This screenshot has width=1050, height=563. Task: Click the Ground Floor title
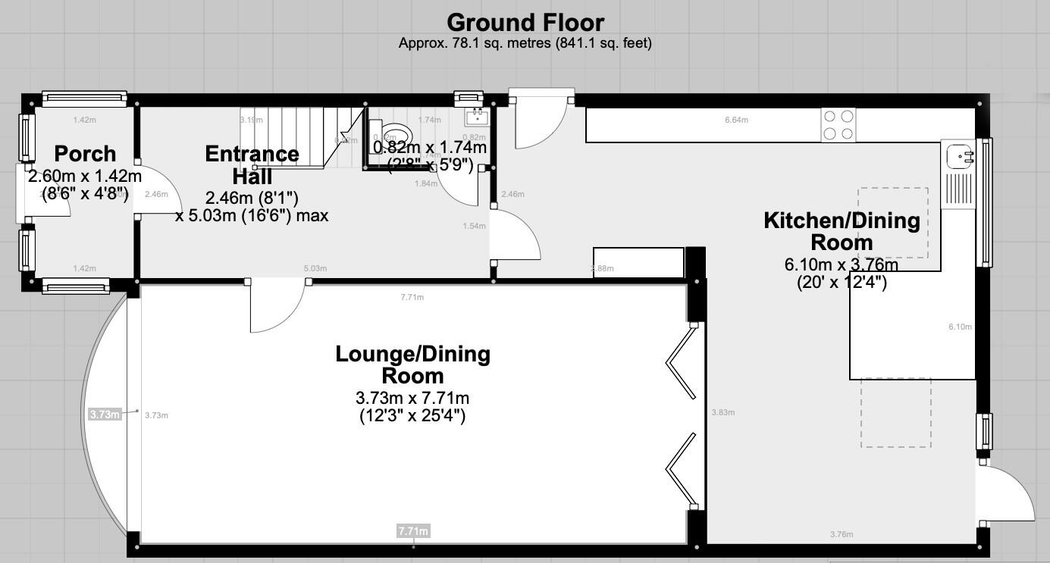point(525,22)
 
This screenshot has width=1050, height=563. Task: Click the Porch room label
point(86,154)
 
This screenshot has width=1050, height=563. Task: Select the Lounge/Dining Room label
point(412,364)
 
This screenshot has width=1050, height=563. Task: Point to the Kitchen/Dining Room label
point(842,231)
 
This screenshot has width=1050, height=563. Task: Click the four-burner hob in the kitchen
point(839,125)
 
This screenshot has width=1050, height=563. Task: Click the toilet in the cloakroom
point(391,136)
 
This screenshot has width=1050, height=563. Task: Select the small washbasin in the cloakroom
point(477,117)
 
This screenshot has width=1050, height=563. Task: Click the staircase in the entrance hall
point(296,136)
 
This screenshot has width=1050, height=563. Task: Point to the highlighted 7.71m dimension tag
point(413,531)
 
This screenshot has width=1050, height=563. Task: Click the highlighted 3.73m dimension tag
point(105,414)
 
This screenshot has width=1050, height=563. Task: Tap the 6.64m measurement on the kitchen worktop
point(736,120)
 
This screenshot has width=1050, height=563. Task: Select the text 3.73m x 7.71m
point(412,398)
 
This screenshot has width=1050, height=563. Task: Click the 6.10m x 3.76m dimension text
point(842,264)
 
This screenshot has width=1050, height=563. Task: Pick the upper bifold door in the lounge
point(681,361)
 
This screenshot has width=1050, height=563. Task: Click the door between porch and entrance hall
point(159,190)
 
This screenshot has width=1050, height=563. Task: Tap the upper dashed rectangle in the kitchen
point(893,223)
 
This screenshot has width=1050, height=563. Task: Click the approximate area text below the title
point(525,43)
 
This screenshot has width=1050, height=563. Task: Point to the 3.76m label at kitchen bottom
point(842,534)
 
